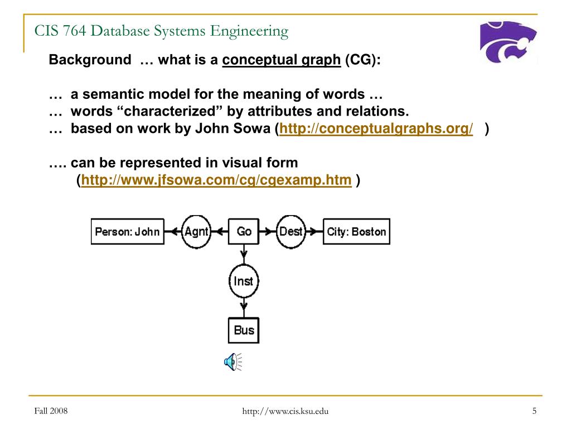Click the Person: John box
128,231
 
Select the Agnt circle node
196,232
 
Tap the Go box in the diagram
244,231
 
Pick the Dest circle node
291,232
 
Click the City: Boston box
356,231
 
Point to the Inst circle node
244,282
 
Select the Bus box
244,330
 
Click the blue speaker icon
233,362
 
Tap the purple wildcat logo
508,41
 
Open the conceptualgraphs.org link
376,128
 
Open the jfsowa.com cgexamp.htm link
216,180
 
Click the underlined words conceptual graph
282,60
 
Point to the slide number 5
534,411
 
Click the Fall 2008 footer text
51,411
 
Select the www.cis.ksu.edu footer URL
285,411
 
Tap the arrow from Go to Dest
268,232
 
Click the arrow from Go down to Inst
244,254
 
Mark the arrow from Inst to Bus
244,308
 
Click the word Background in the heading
90,59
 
